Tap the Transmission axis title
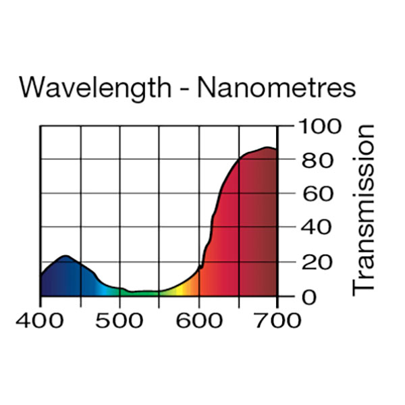pyautogui.click(x=364, y=209)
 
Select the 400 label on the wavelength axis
pyautogui.click(x=40, y=319)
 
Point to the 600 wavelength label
pyautogui.click(x=198, y=319)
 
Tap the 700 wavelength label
pyautogui.click(x=277, y=319)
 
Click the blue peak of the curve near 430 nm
pyautogui.click(x=65, y=256)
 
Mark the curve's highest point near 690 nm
pyautogui.click(x=268, y=147)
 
